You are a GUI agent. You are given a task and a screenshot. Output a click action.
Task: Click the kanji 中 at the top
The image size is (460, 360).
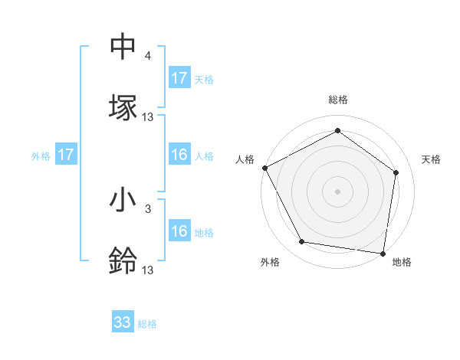[x=123, y=47]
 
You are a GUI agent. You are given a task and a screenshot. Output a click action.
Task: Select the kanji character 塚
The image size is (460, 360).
[x=123, y=106]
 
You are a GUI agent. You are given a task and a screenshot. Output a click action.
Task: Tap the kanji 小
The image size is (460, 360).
[x=123, y=201]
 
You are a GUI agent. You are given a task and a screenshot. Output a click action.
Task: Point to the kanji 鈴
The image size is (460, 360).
[x=123, y=260]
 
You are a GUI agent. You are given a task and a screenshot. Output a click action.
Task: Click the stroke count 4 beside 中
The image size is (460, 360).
[x=147, y=57]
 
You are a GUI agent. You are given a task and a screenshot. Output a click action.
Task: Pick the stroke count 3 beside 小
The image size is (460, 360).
[x=147, y=208]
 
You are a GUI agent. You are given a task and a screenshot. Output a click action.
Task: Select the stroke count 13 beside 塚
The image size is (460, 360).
[x=148, y=116]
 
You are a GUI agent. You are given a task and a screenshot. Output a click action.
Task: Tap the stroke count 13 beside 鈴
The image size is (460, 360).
[x=148, y=269]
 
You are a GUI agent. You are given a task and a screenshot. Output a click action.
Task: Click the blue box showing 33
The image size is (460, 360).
[x=123, y=322]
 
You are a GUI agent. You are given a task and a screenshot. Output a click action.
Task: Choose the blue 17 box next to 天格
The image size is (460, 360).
[x=179, y=78]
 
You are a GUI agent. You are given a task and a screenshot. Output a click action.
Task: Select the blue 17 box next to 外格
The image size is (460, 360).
[x=66, y=155]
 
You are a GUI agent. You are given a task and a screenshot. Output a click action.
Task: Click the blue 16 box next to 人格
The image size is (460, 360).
[x=179, y=155]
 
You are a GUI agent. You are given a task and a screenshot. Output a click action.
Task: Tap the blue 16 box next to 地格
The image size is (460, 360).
[x=179, y=231]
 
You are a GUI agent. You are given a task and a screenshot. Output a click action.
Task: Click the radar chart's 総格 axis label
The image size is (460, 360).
[x=338, y=100]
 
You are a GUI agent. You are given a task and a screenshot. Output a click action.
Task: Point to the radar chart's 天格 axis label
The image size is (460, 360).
[x=432, y=159]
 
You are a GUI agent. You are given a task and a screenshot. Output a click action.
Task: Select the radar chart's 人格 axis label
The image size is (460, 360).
[x=245, y=159]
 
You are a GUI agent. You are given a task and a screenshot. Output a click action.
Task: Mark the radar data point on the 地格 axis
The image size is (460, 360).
[x=383, y=253]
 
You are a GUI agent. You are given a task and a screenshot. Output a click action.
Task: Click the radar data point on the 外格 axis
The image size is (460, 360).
[x=302, y=242]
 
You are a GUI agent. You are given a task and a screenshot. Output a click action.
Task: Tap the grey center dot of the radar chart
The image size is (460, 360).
[x=338, y=191]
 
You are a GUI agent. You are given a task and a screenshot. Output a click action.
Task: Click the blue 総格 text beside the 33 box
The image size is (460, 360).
[x=147, y=324]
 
